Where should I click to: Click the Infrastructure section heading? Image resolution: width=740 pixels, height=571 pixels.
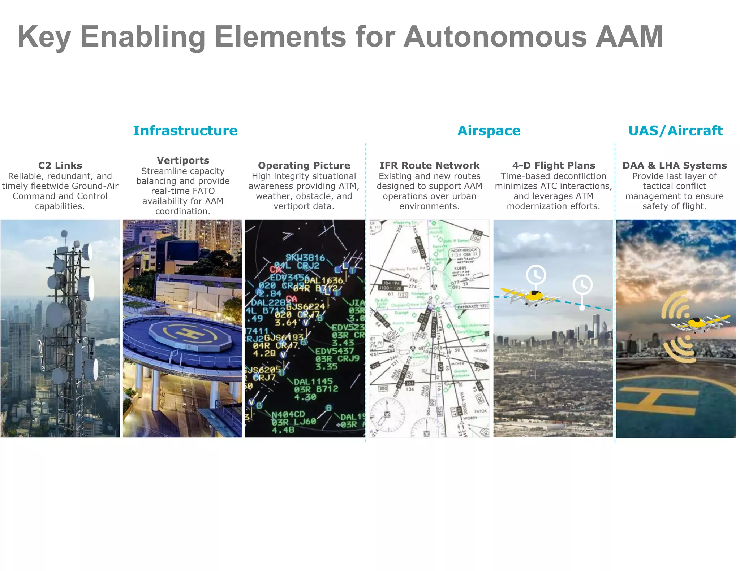pyautogui.click(x=185, y=131)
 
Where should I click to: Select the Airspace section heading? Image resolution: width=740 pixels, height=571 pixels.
pyautogui.click(x=489, y=131)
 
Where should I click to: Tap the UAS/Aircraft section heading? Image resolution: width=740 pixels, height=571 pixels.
pyautogui.click(x=675, y=131)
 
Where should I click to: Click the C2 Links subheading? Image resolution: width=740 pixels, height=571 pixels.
pyautogui.click(x=60, y=165)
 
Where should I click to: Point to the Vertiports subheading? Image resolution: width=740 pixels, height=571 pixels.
pyautogui.click(x=183, y=160)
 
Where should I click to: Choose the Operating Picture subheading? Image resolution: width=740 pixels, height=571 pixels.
pyautogui.click(x=304, y=165)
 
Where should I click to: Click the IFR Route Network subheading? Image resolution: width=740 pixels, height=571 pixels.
pyautogui.click(x=429, y=165)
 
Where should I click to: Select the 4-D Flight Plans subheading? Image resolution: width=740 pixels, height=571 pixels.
pyautogui.click(x=553, y=165)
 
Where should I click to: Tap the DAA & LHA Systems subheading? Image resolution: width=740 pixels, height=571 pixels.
pyautogui.click(x=674, y=165)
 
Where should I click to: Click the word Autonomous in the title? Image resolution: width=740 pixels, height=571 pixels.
pyautogui.click(x=495, y=36)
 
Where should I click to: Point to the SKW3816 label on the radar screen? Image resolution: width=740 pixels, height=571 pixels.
pyautogui.click(x=305, y=258)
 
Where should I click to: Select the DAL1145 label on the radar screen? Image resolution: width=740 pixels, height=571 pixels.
pyautogui.click(x=313, y=382)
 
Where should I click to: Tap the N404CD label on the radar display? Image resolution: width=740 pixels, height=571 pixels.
pyautogui.click(x=288, y=414)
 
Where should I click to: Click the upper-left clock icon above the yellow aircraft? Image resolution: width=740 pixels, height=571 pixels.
pyautogui.click(x=535, y=275)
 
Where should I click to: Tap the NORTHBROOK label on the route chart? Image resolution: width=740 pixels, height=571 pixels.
pyautogui.click(x=464, y=250)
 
